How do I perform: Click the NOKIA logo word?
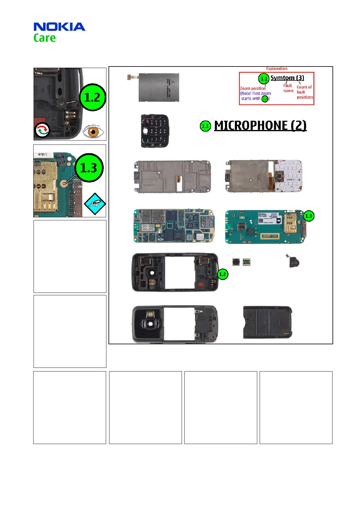tap(59, 27)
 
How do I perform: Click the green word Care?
tap(44, 38)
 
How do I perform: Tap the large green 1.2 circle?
tap(92, 97)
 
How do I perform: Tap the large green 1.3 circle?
tap(89, 168)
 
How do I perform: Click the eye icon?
tap(93, 132)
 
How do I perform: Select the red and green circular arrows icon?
tap(42, 130)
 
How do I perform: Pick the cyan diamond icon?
tap(95, 204)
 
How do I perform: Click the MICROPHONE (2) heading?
tap(260, 126)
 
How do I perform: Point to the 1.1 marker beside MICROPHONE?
tap(205, 126)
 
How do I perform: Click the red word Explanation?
tap(277, 69)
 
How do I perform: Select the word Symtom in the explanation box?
tap(282, 78)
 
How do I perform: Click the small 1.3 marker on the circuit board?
tap(308, 216)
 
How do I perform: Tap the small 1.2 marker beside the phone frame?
tap(222, 274)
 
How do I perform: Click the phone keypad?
tap(154, 131)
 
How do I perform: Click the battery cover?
tap(268, 322)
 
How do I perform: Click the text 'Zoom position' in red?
tap(253, 89)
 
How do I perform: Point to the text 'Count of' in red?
tap(304, 87)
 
